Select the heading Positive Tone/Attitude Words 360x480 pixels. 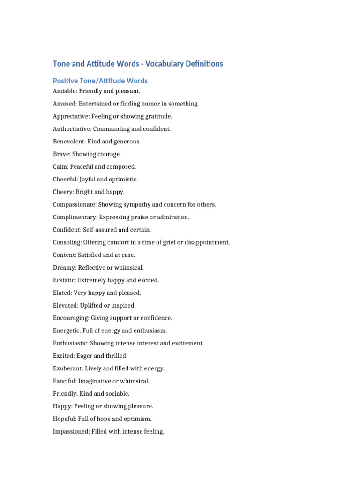pos(100,81)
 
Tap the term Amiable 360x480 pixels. pos(65,91)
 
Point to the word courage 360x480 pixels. pos(108,154)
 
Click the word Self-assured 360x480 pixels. pos(102,230)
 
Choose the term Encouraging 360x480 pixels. pos(71,318)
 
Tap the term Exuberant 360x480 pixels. pos(68,368)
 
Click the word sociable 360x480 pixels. pos(118,394)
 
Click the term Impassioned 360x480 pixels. pos(71,432)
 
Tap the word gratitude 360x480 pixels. pos(158,116)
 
